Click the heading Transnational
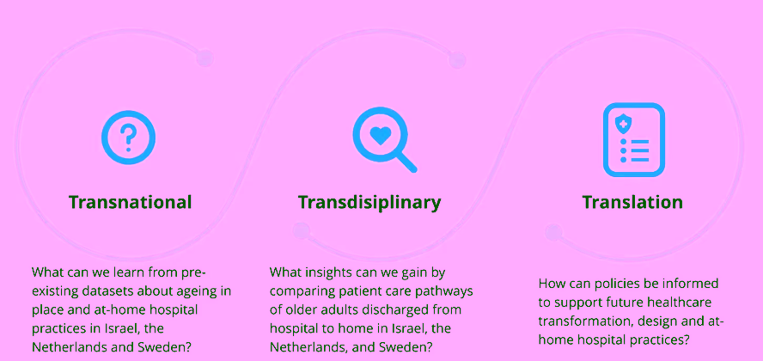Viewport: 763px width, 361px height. tap(130, 202)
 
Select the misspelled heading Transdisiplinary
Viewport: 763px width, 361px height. tap(369, 203)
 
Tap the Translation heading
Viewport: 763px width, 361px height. tap(632, 202)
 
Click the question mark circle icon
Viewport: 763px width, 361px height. tap(129, 138)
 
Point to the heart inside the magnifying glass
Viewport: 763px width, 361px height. tap(380, 136)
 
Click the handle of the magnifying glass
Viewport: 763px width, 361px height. tap(406, 161)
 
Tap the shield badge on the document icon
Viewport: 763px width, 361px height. tap(622, 125)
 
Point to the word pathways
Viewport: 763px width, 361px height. tap(447, 293)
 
